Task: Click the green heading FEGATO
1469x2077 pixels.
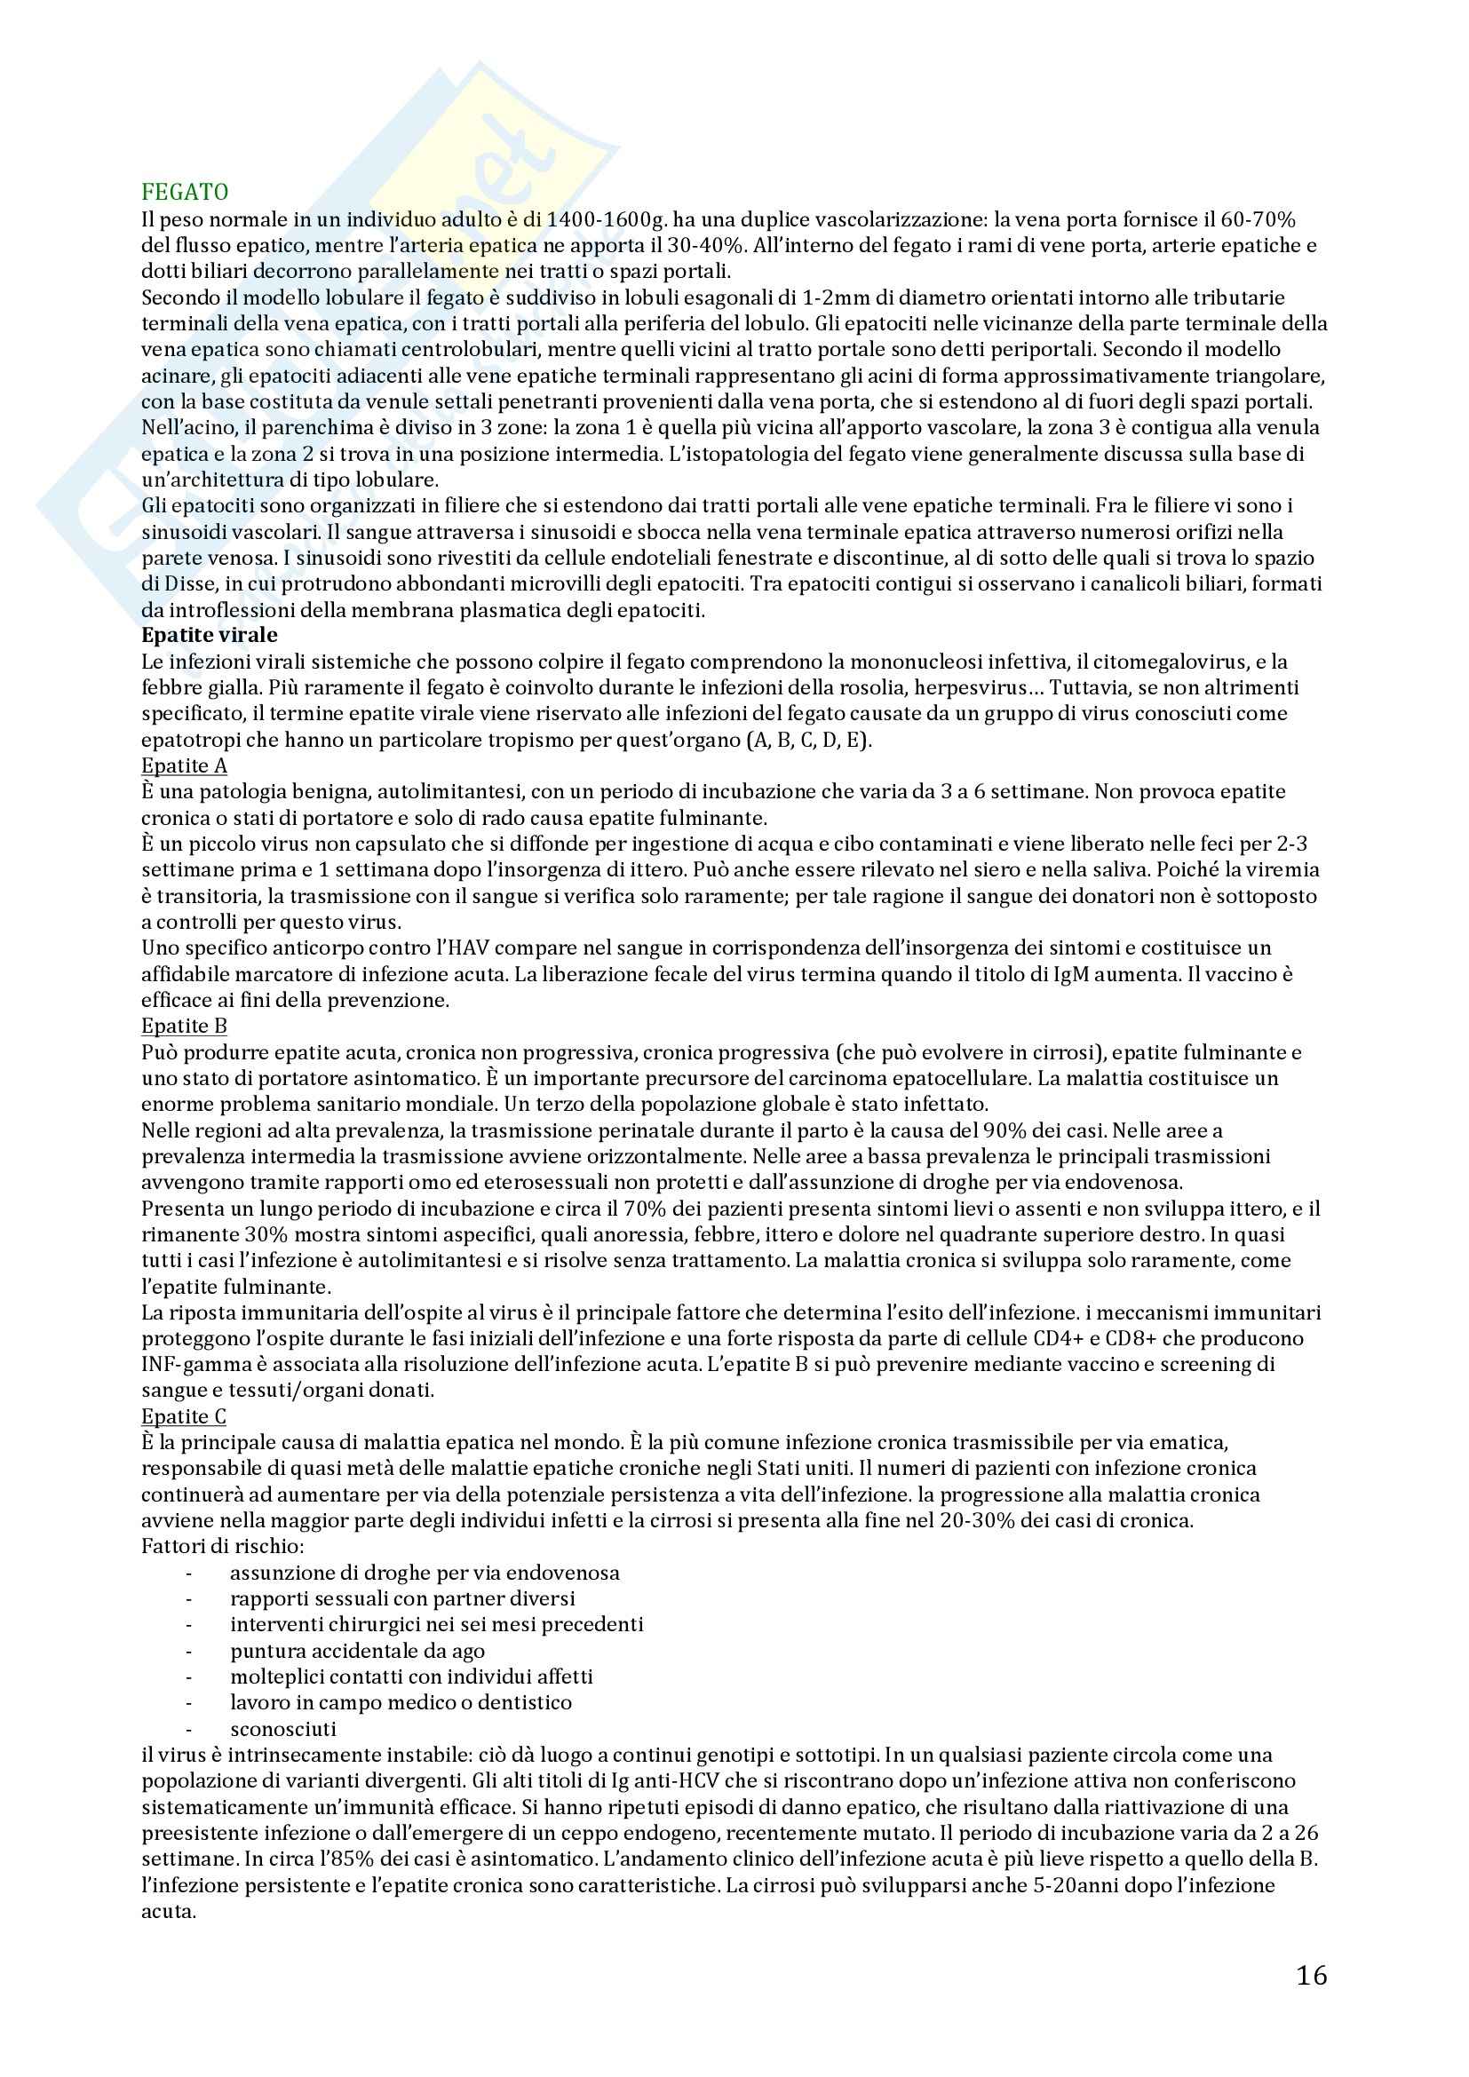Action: tap(185, 192)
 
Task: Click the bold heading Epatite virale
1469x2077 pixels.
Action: tap(209, 635)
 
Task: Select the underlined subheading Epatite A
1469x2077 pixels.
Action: tap(184, 765)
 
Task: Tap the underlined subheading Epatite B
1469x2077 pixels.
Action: tap(184, 1026)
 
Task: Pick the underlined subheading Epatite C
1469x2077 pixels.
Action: tap(184, 1416)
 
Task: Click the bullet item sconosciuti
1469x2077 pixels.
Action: tap(282, 1729)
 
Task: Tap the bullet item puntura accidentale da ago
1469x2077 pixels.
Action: tap(357, 1651)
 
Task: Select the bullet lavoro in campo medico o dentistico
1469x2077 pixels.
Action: tap(401, 1702)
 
